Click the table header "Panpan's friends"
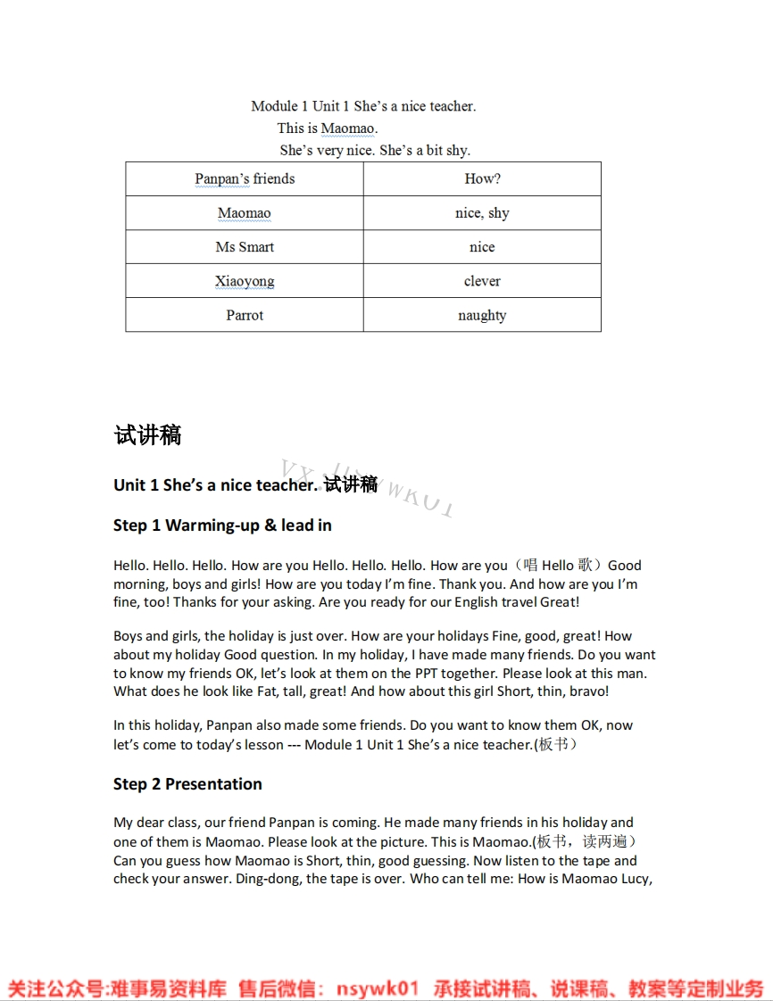[x=245, y=179]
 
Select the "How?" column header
[x=482, y=179]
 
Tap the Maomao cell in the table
[x=245, y=213]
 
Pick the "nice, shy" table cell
[x=482, y=213]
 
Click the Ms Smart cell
[x=245, y=247]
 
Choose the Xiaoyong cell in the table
[x=245, y=281]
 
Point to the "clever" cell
[x=482, y=281]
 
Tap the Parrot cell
[x=245, y=315]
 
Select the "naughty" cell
[x=482, y=315]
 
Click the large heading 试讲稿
[x=148, y=435]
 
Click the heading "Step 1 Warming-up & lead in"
[x=222, y=525]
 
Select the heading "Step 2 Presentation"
[x=187, y=784]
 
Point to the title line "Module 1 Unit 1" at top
[x=363, y=106]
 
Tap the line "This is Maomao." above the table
[x=328, y=128]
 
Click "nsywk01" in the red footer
[x=378, y=989]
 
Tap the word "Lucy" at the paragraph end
[x=635, y=880]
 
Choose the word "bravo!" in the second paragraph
[x=589, y=692]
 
